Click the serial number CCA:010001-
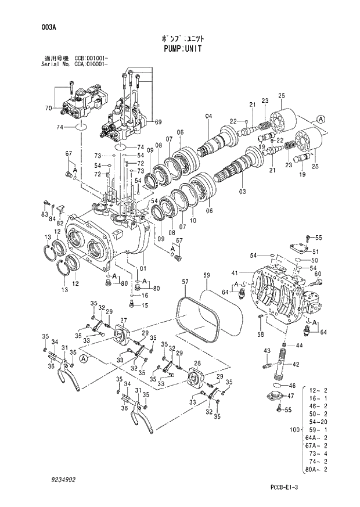coord(91,64)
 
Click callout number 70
coord(48,109)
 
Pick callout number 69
coord(158,121)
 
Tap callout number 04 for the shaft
coord(208,117)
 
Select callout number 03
coord(242,191)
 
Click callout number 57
coord(185,282)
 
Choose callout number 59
coord(206,275)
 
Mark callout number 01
coord(143,269)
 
